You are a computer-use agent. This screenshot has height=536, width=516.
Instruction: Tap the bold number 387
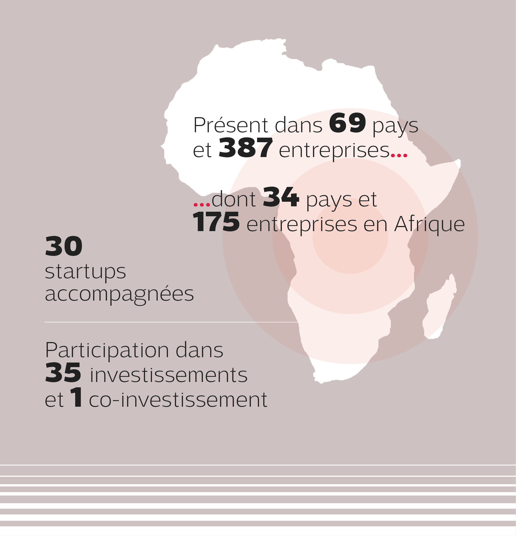pos(245,148)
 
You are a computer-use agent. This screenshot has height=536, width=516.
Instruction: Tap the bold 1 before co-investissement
pos(76,397)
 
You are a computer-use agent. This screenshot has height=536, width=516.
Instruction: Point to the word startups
pos(85,272)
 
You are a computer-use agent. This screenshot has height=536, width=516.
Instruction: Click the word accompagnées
pos(119,295)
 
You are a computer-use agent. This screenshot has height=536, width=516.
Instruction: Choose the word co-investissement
pos(178,400)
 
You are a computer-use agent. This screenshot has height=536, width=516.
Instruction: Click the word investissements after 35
pos(168,375)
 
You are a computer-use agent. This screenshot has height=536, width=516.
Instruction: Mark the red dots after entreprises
pos(399,156)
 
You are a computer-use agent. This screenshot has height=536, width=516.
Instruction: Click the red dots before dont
pos(202,204)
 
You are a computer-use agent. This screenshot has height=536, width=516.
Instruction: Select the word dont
pos(234,199)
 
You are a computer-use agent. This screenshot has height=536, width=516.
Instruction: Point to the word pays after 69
pos(395,126)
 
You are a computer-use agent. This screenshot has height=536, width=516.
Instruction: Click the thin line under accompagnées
pos(171,322)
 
